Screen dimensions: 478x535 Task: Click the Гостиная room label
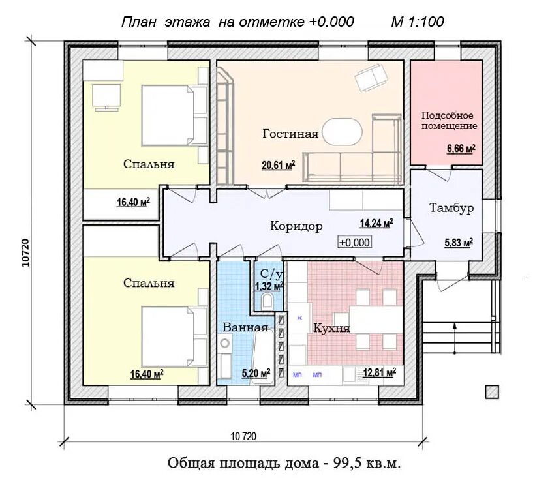tap(290, 134)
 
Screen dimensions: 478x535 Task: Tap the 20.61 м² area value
tap(278, 165)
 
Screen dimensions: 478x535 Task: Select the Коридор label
tap(296, 227)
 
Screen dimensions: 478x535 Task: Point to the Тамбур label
tap(451, 208)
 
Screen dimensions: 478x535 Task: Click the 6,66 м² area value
tap(461, 149)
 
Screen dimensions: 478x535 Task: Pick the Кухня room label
tap(331, 328)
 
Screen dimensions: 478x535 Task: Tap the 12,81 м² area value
tap(379, 373)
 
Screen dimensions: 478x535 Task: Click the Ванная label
tap(245, 327)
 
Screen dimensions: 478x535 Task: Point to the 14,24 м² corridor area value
tap(376, 224)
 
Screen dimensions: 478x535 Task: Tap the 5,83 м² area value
tap(459, 242)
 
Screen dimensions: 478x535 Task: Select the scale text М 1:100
tap(418, 22)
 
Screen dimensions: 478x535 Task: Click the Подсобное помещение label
tap(449, 121)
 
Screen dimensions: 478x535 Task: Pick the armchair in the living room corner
tap(370, 79)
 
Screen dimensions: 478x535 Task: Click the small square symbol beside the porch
tap(491, 391)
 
